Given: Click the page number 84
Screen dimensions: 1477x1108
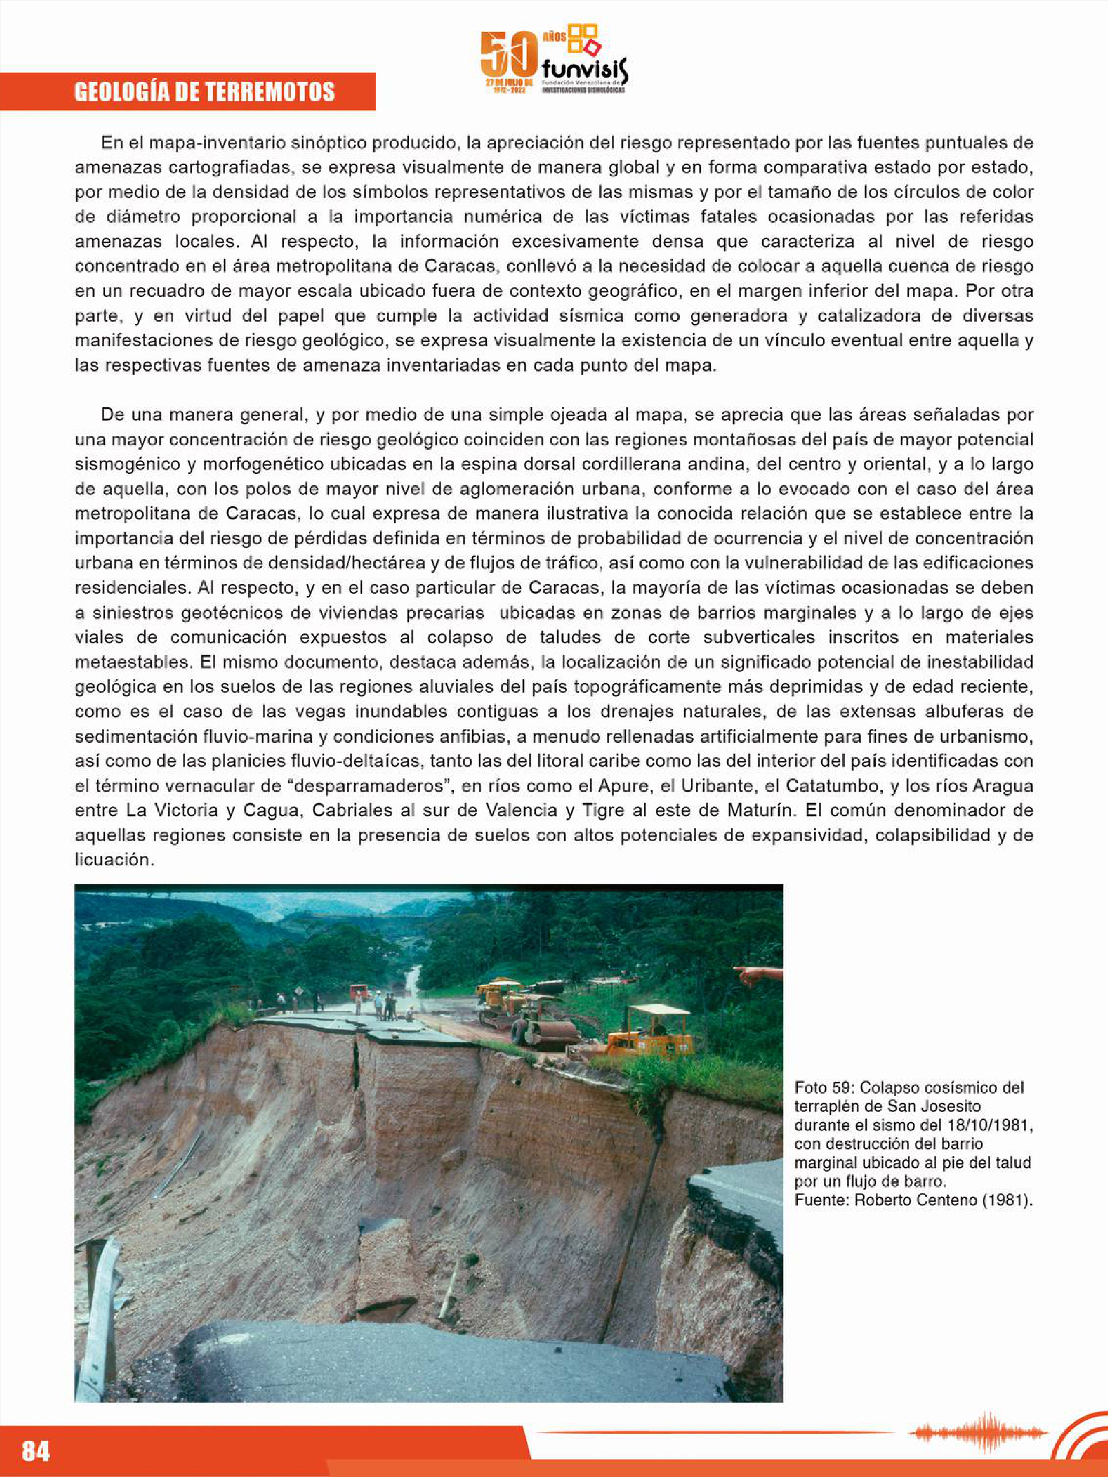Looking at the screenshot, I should pos(36,1450).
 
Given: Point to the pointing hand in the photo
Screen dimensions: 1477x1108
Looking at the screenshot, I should pos(757,975).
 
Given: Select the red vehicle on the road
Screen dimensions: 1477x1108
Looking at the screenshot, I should pos(360,991).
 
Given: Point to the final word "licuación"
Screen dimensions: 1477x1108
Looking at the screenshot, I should pos(114,860).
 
